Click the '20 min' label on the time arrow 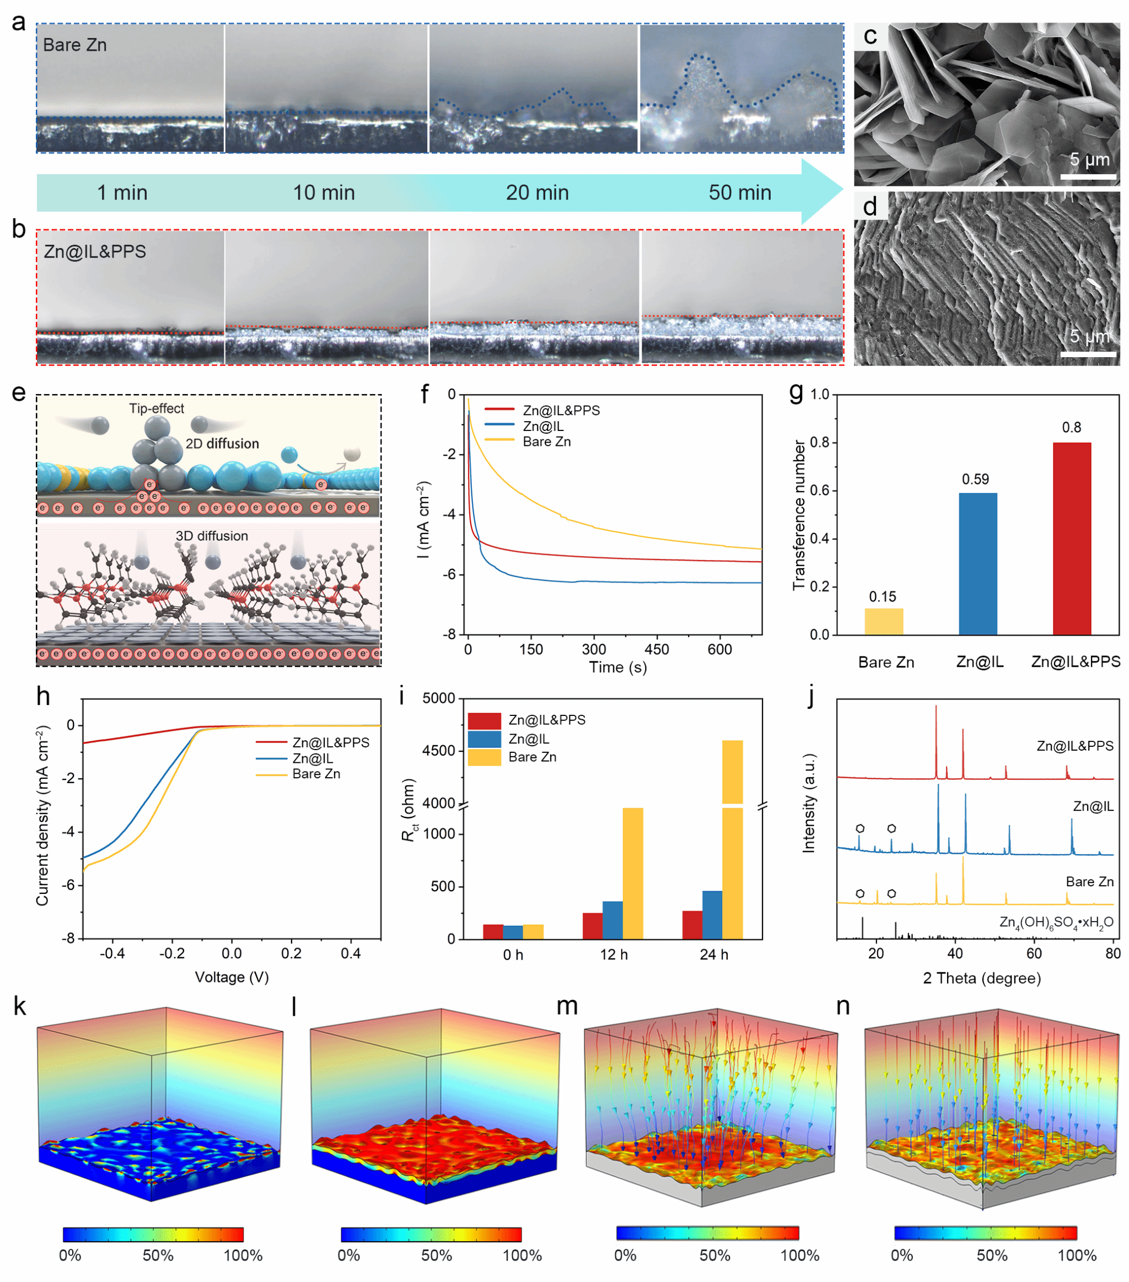[537, 192]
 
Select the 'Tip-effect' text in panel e [156, 408]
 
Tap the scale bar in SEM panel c [1088, 177]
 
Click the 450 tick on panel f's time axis [656, 650]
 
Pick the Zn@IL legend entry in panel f [542, 426]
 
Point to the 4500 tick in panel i [439, 751]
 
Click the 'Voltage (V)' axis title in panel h [232, 977]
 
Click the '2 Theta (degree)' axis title [982, 978]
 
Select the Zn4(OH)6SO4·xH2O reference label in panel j [1056, 922]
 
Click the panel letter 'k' [19, 1006]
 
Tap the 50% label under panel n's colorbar [991, 1255]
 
